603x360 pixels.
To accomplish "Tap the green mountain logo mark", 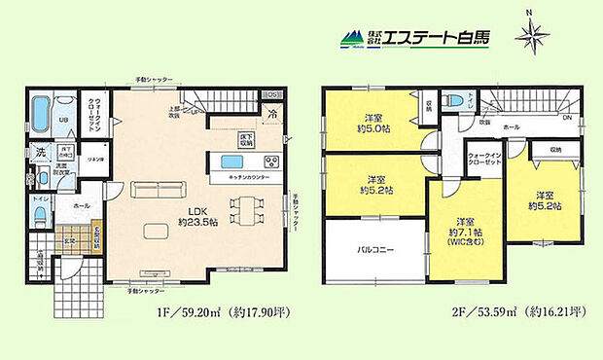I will [350, 40].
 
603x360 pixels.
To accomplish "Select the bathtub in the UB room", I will [41, 116].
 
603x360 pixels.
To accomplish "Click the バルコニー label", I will [375, 249].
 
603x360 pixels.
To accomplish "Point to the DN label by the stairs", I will [567, 117].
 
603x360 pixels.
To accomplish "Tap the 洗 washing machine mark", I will [40, 152].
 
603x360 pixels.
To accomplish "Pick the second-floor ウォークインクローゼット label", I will [483, 162].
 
